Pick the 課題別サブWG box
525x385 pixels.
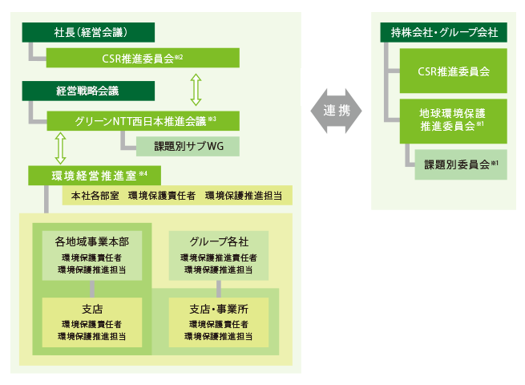point(186,147)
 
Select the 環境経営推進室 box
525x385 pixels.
point(94,174)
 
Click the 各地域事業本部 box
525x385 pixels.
point(92,255)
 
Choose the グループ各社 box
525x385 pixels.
point(219,255)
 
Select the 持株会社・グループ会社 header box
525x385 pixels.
point(443,33)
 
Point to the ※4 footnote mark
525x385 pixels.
point(143,172)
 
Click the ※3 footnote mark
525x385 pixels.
point(212,120)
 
